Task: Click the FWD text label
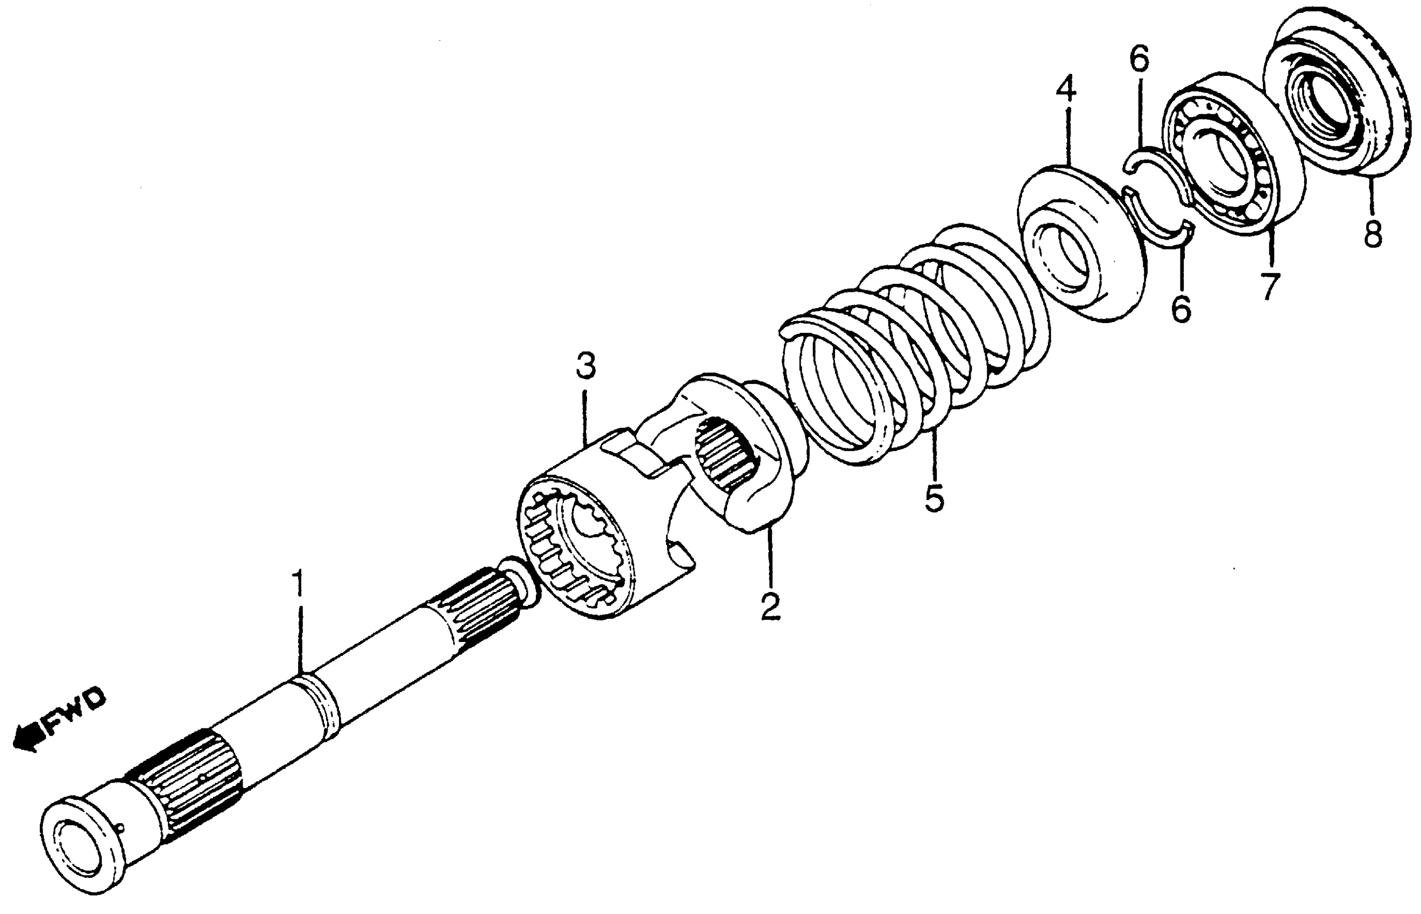tap(76, 712)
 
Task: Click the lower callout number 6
tap(1180, 309)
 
